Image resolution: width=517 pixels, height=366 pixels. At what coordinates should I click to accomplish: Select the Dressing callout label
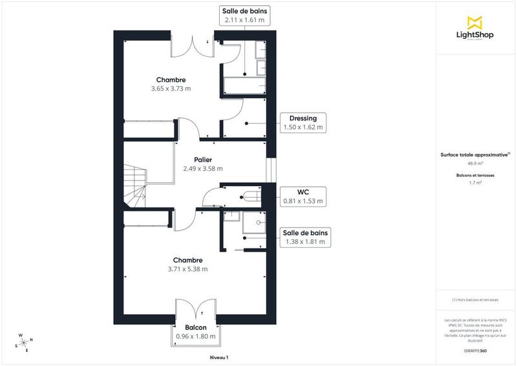click(302, 123)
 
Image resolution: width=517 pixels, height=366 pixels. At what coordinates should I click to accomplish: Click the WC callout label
click(302, 197)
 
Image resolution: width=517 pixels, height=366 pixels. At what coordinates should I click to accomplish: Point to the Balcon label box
click(196, 332)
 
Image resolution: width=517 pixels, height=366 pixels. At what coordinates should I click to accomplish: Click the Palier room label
click(203, 164)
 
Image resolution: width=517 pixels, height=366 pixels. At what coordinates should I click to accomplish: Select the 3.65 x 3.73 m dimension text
click(171, 89)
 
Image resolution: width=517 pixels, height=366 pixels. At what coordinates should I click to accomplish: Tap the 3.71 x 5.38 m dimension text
click(187, 269)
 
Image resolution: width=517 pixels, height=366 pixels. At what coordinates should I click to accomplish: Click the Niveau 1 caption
click(219, 358)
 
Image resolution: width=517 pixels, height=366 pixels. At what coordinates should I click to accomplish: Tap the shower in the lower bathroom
click(255, 223)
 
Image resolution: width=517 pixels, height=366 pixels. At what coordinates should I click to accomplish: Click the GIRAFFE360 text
click(475, 350)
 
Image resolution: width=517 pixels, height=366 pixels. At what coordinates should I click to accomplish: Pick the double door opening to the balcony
click(196, 309)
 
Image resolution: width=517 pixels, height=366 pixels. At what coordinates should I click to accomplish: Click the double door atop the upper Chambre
click(193, 45)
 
